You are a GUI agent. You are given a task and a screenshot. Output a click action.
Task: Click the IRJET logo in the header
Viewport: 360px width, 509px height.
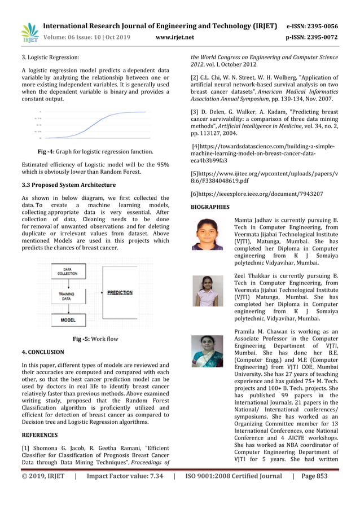click(x=30, y=33)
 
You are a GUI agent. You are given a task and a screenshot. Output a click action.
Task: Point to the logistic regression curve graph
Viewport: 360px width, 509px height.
click(x=94, y=125)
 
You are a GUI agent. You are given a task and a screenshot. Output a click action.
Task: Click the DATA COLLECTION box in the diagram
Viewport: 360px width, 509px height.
click(x=68, y=271)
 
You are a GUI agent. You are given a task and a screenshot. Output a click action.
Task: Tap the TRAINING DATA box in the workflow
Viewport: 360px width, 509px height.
click(x=68, y=295)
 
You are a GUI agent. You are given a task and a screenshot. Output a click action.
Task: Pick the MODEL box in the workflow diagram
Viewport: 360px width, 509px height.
click(x=68, y=319)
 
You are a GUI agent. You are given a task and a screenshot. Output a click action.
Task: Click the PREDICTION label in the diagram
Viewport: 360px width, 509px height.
click(x=120, y=293)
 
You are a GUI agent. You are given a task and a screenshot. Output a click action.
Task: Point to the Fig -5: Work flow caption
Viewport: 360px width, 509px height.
click(x=95, y=339)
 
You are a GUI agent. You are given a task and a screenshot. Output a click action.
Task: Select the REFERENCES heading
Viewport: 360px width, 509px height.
click(x=39, y=435)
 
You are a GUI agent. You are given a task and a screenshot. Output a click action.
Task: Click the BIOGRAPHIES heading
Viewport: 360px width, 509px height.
click(x=210, y=207)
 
